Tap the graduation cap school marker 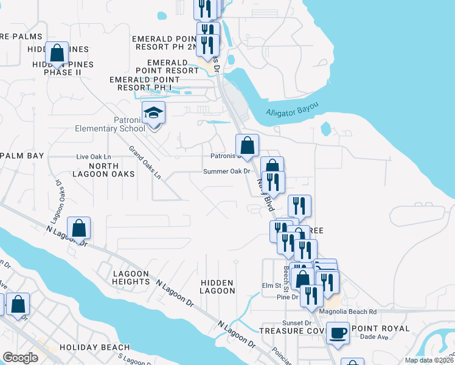pos(153,113)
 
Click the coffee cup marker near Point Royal pos(338,333)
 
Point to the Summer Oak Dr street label pos(227,172)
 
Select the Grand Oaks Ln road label pos(145,162)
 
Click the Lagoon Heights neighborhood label pos(131,278)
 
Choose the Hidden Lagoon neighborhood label pos(217,287)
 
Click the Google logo pos(20,358)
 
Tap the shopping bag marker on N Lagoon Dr pos(79,229)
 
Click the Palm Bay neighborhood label pos(23,156)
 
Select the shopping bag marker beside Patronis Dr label pos(247,145)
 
